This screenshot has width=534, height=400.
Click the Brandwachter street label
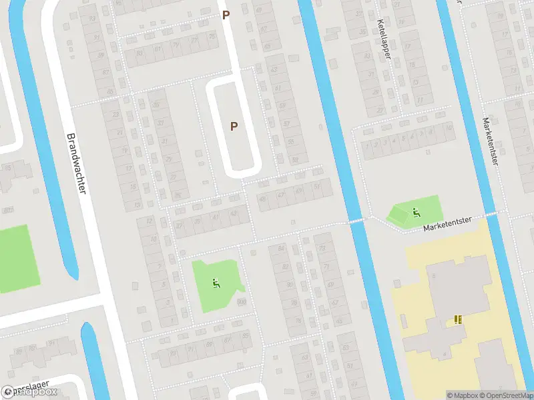pos(76,163)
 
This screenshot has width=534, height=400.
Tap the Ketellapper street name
pos(383,39)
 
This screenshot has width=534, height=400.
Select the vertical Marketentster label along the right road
pos(491,142)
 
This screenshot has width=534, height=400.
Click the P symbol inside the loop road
pos(234,125)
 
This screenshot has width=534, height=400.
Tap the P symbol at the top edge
pos(226,14)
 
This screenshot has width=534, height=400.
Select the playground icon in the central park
pos(216,283)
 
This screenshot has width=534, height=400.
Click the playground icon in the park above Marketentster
pos(416,213)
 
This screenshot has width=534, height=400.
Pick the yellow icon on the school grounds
pos(458,319)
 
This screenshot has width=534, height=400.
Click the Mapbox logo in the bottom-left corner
pos(30,392)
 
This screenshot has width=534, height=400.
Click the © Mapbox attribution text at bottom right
pos(461,395)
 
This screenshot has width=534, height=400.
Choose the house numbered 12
pos(150,221)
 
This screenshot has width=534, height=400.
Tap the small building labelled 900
pos(241,301)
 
